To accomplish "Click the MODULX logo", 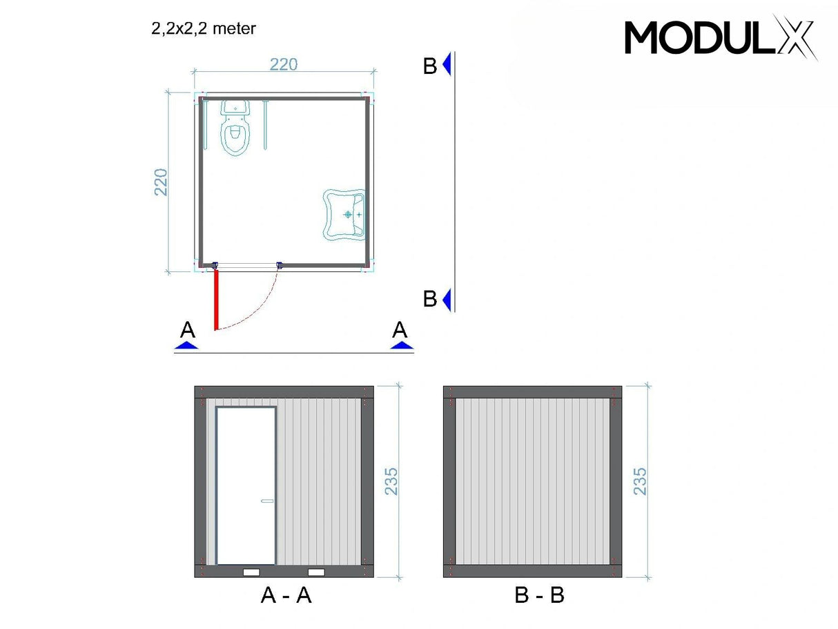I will pyautogui.click(x=721, y=37).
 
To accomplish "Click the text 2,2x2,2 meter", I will pyautogui.click(x=204, y=28).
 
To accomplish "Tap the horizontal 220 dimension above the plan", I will pyautogui.click(x=283, y=64).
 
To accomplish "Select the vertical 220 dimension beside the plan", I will pyautogui.click(x=161, y=182).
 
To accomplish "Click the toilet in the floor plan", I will pyautogui.click(x=235, y=129).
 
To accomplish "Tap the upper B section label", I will pyautogui.click(x=430, y=66).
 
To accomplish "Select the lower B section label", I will pyautogui.click(x=430, y=299).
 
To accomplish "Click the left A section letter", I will pyautogui.click(x=187, y=330).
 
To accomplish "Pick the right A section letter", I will pyautogui.click(x=400, y=330).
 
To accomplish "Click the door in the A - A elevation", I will pyautogui.click(x=246, y=485).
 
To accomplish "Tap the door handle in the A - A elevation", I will pyautogui.click(x=266, y=501).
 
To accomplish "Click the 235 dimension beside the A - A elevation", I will pyautogui.click(x=391, y=481).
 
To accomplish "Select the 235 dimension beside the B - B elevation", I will pyautogui.click(x=640, y=481).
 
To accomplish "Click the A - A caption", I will pyautogui.click(x=286, y=594).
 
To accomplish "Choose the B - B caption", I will pyautogui.click(x=539, y=594).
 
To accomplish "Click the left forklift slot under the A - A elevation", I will pyautogui.click(x=252, y=572).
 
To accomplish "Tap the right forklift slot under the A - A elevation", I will pyautogui.click(x=316, y=572).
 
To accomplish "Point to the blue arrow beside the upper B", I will pyautogui.click(x=447, y=64).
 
